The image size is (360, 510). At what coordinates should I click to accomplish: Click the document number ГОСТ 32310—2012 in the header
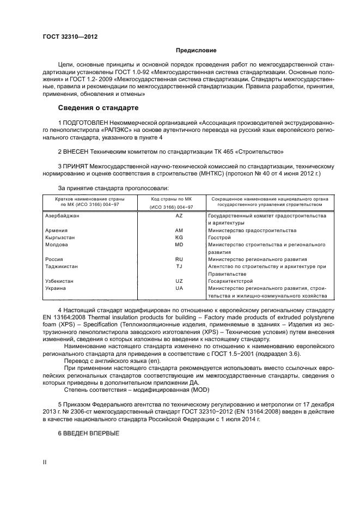(66, 37)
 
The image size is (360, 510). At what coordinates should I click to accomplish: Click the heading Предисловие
(196, 51)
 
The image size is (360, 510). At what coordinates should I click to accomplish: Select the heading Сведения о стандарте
(99, 108)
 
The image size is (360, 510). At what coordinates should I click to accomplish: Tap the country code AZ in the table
(179, 216)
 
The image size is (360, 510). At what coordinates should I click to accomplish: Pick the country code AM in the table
(179, 230)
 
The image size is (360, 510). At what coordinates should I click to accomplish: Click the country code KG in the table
(179, 238)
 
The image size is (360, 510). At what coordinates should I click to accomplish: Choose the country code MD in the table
(179, 245)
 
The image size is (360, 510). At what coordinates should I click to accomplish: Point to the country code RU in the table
(179, 259)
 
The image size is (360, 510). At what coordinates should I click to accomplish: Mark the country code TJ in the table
(179, 266)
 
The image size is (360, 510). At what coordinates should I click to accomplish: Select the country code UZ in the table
(179, 281)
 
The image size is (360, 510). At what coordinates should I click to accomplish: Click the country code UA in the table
(179, 288)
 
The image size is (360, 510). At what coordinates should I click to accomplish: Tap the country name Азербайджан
(62, 216)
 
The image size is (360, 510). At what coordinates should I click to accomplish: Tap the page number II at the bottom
(45, 462)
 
